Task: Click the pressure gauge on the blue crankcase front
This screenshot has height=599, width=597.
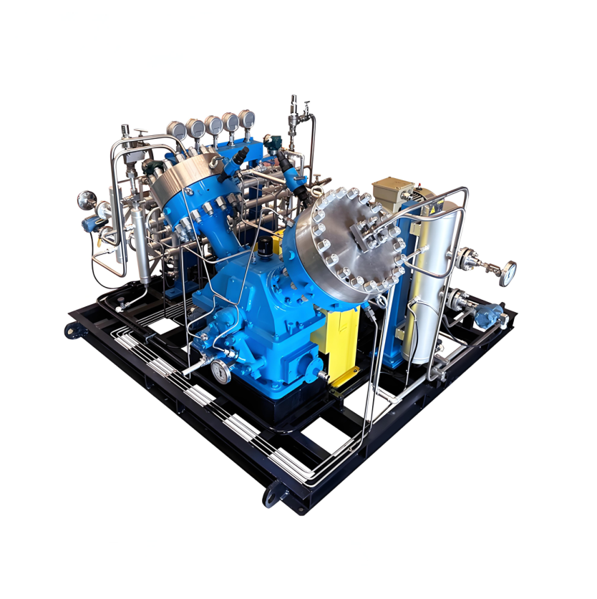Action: pyautogui.click(x=220, y=371)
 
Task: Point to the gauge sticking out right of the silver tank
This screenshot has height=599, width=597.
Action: pyautogui.click(x=509, y=270)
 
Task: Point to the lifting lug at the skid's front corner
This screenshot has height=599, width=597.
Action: pyautogui.click(x=272, y=494)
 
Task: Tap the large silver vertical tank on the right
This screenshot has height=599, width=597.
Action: pyautogui.click(x=428, y=279)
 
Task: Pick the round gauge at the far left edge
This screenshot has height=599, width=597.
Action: pyautogui.click(x=87, y=198)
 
